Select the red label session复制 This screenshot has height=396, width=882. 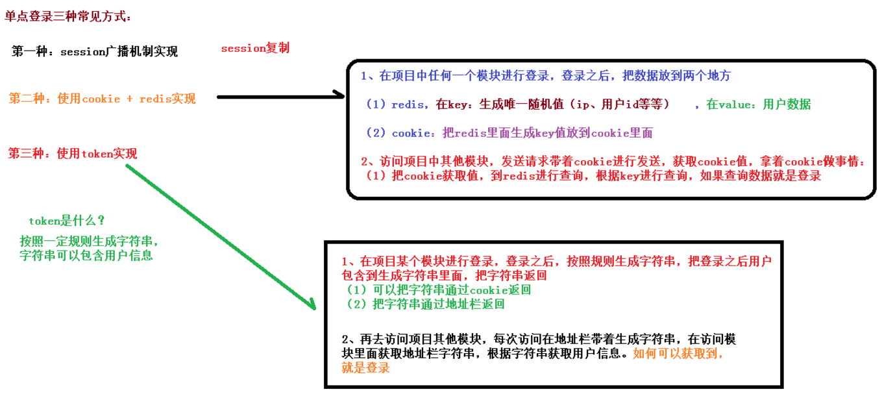255,48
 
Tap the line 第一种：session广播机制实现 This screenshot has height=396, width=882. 95,52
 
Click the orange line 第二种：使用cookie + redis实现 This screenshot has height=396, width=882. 102,99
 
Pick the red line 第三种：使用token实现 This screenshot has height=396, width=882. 73,153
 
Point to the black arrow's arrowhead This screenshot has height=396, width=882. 339,96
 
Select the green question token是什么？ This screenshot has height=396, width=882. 67,221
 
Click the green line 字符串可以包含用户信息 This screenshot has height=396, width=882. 86,255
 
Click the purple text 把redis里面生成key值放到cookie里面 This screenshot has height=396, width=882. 546,133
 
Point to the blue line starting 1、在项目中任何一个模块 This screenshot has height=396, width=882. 545,76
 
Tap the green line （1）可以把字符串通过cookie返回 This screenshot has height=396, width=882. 439,290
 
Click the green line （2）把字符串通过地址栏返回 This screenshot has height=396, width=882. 425,304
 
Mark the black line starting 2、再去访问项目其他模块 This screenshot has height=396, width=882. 539,340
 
